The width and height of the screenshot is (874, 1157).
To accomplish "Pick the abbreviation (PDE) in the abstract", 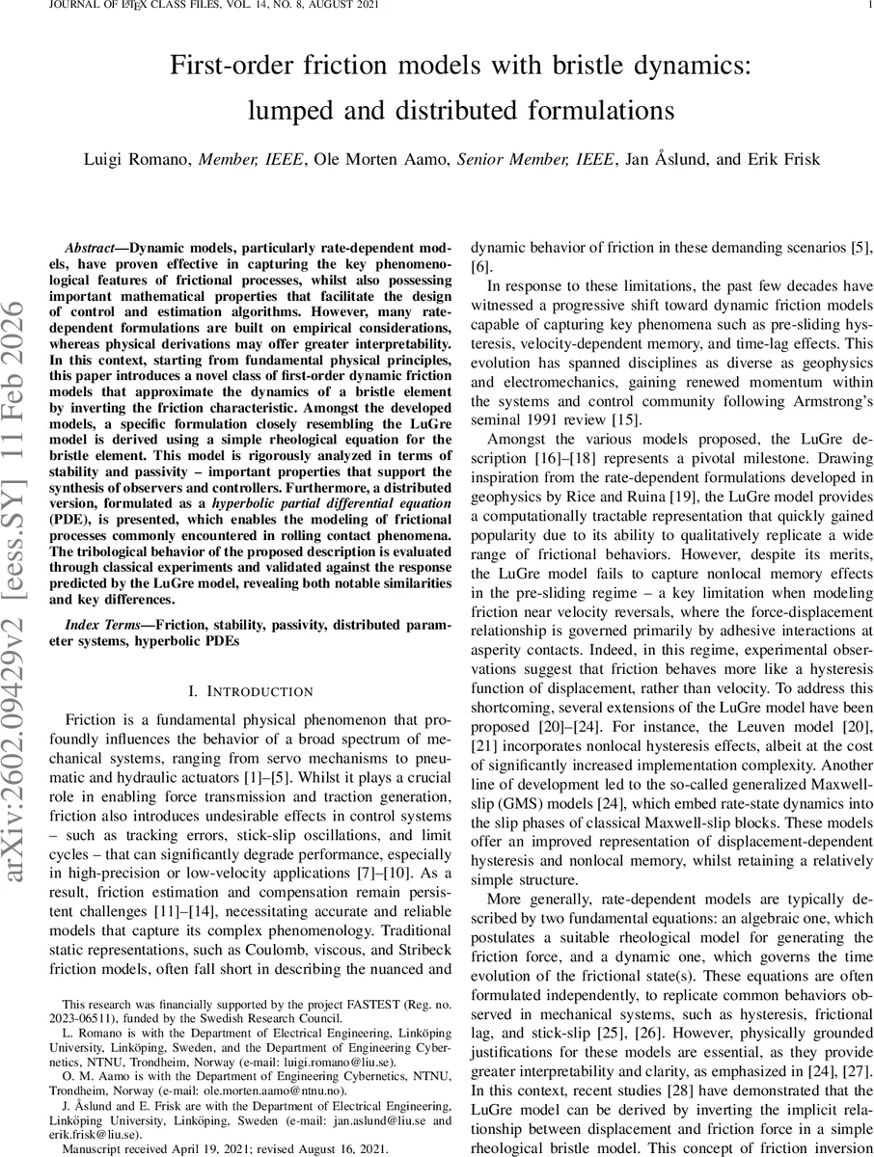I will pos(84,520).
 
